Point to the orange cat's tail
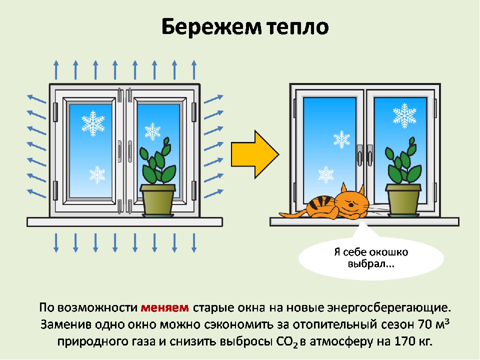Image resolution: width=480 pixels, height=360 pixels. [292, 214]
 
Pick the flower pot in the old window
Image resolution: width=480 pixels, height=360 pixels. [157, 199]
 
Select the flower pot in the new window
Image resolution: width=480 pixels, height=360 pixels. [403, 199]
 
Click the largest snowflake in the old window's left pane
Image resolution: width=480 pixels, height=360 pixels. [93, 123]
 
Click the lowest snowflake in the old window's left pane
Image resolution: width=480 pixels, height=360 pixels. [97, 174]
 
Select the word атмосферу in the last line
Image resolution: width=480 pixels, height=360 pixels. [358, 342]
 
